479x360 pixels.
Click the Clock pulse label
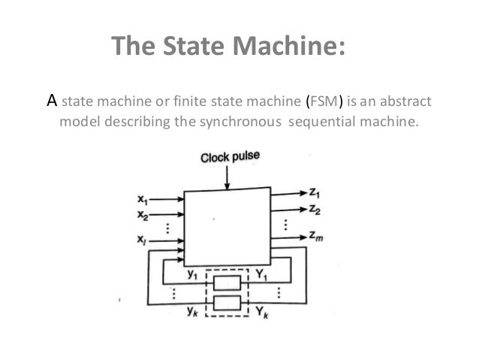click(229, 157)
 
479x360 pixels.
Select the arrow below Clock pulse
click(227, 177)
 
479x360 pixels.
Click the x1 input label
click(143, 200)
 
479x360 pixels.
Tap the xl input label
click(143, 241)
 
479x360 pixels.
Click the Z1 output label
click(315, 192)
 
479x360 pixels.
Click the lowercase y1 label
click(193, 275)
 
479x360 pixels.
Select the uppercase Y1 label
click(261, 275)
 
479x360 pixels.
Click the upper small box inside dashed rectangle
click(227, 283)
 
